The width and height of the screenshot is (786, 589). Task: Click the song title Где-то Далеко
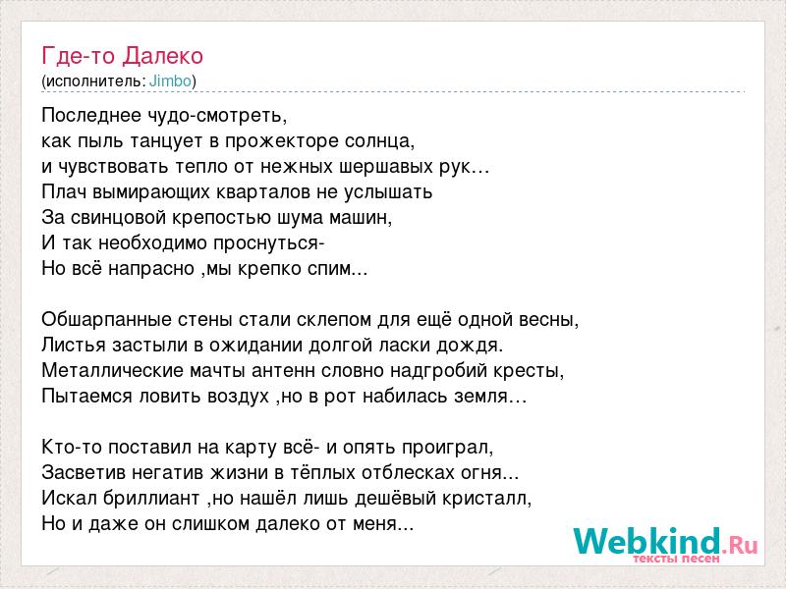pos(122,56)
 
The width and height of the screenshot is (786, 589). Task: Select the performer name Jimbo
pos(170,81)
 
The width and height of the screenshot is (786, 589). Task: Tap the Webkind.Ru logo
pos(666,545)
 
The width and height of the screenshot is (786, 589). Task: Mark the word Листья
pos(74,346)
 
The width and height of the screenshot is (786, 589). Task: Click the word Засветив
pos(84,473)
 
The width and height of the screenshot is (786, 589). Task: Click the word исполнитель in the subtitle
pos(95,81)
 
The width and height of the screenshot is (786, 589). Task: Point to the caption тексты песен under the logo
pos(676,558)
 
